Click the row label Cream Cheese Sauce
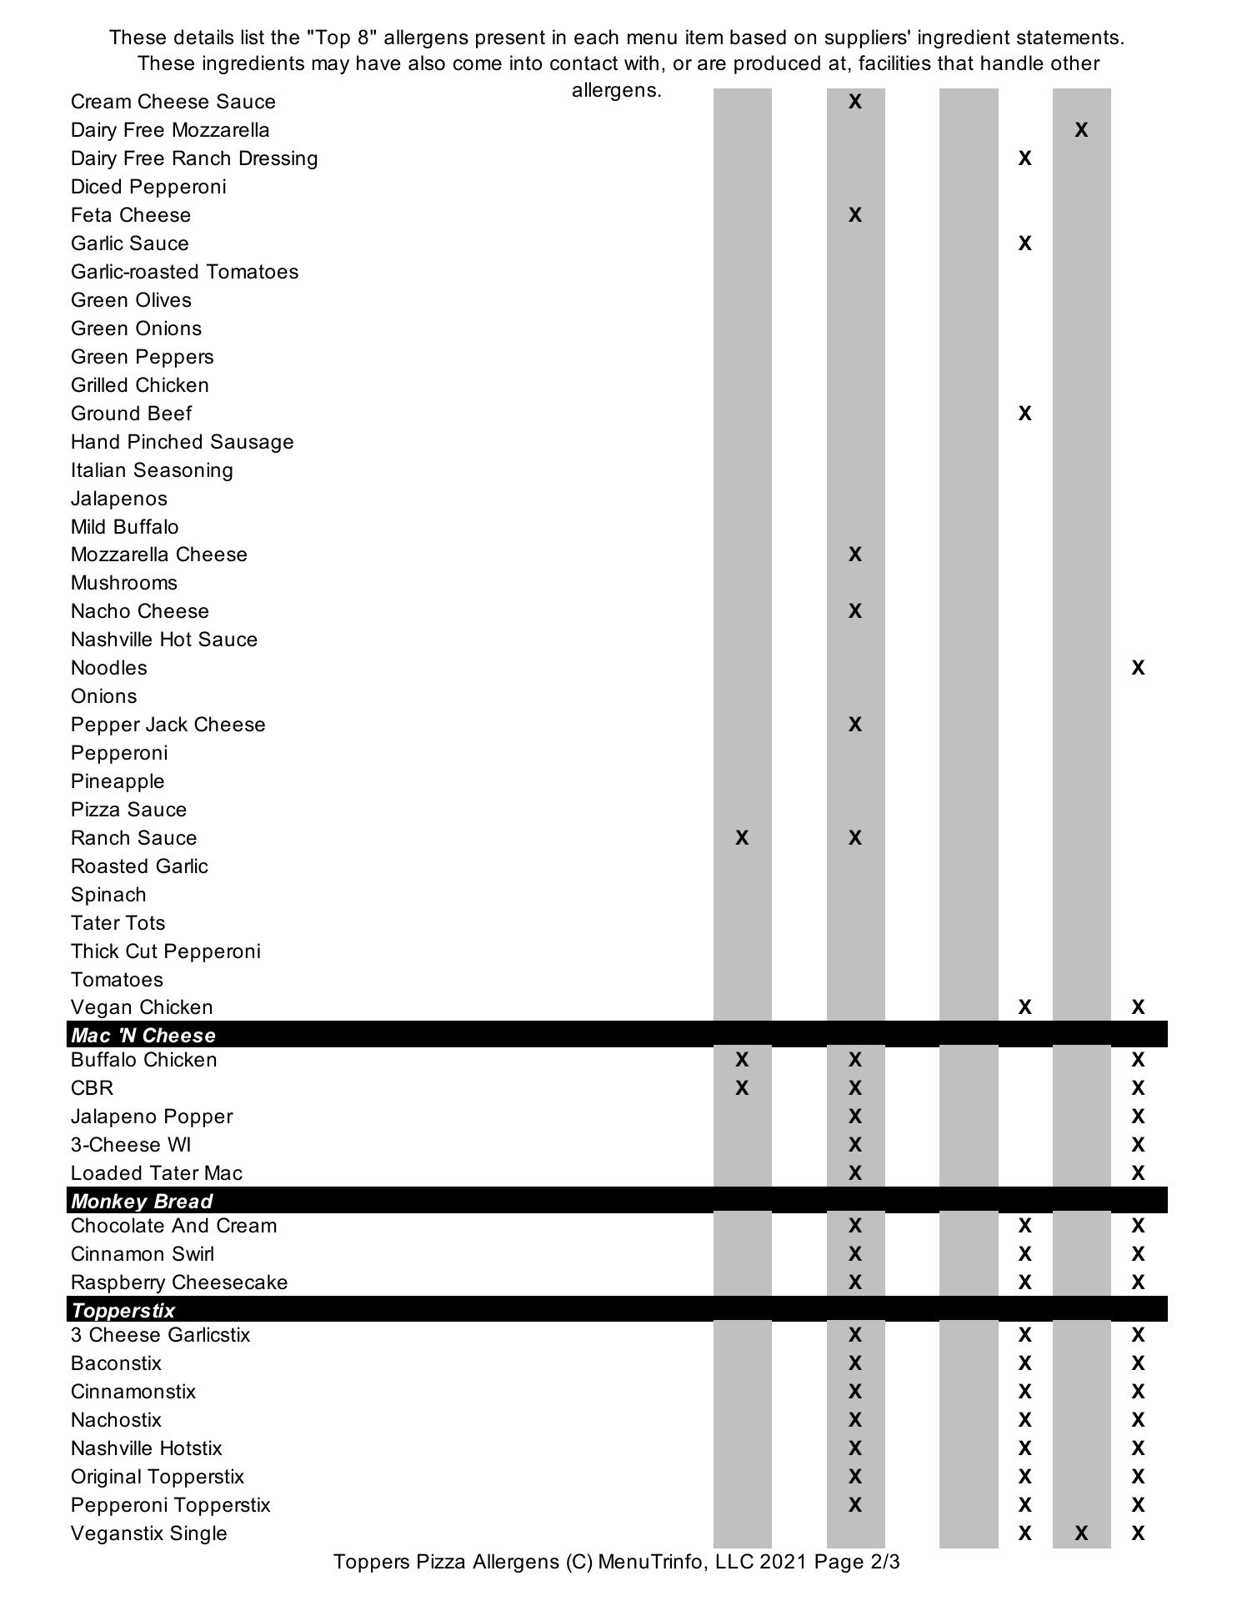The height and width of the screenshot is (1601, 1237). [x=173, y=102]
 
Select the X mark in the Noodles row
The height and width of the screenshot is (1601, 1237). [x=1138, y=668]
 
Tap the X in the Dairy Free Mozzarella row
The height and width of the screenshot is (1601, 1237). [x=1081, y=130]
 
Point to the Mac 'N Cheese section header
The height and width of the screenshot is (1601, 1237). [x=143, y=1035]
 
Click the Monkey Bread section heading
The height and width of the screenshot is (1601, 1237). [x=142, y=1201]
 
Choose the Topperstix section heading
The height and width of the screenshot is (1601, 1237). [x=123, y=1310]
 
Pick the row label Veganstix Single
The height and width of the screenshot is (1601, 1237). [x=148, y=1533]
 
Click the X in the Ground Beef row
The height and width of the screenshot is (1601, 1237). [x=1024, y=414]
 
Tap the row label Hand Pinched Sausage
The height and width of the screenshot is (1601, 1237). [x=182, y=442]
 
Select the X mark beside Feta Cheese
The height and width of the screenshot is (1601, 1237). [x=854, y=215]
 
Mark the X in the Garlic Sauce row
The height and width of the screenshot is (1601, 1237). [x=1024, y=243]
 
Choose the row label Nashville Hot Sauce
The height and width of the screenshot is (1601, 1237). [x=163, y=640]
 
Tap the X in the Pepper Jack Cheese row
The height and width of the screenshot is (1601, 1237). [x=854, y=725]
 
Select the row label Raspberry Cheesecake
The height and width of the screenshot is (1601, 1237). [x=178, y=1282]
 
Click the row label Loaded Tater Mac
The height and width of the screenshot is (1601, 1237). [x=156, y=1173]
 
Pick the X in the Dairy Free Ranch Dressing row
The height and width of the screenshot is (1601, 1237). [x=1024, y=158]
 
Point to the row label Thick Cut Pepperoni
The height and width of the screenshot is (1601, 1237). [x=165, y=951]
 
